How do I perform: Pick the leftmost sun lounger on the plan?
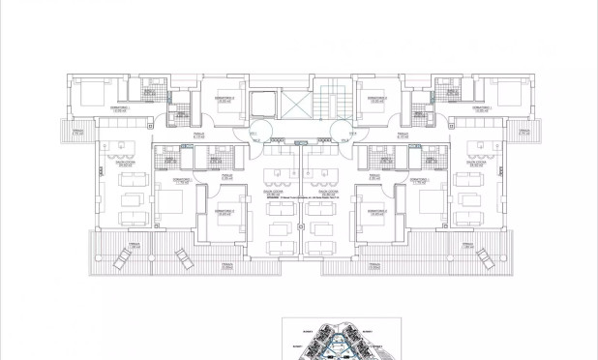122,258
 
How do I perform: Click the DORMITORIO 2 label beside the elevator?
225,98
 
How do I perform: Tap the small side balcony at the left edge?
78,130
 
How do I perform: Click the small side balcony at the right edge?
523,130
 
